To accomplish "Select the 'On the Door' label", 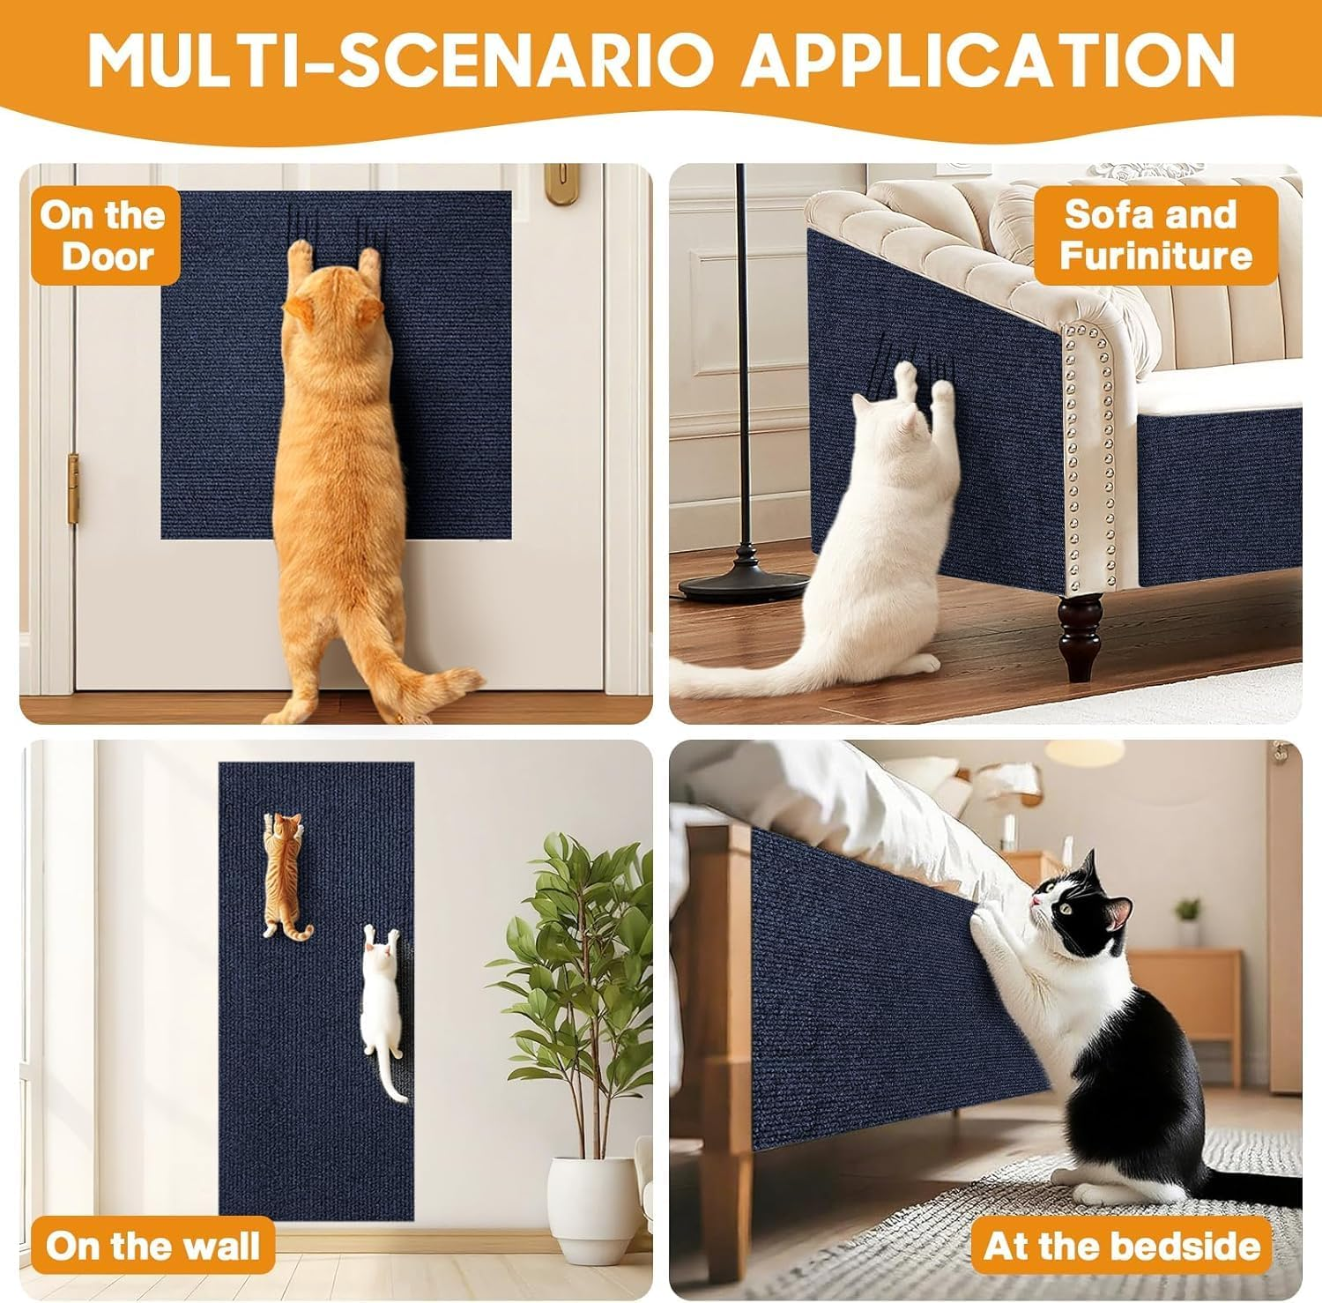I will coord(103,235).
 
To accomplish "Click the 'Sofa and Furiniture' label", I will coord(1155,235).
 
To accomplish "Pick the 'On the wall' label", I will coord(152,1247).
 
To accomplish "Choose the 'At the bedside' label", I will coord(1121,1247).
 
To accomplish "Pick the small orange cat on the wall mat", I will coord(285,873).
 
